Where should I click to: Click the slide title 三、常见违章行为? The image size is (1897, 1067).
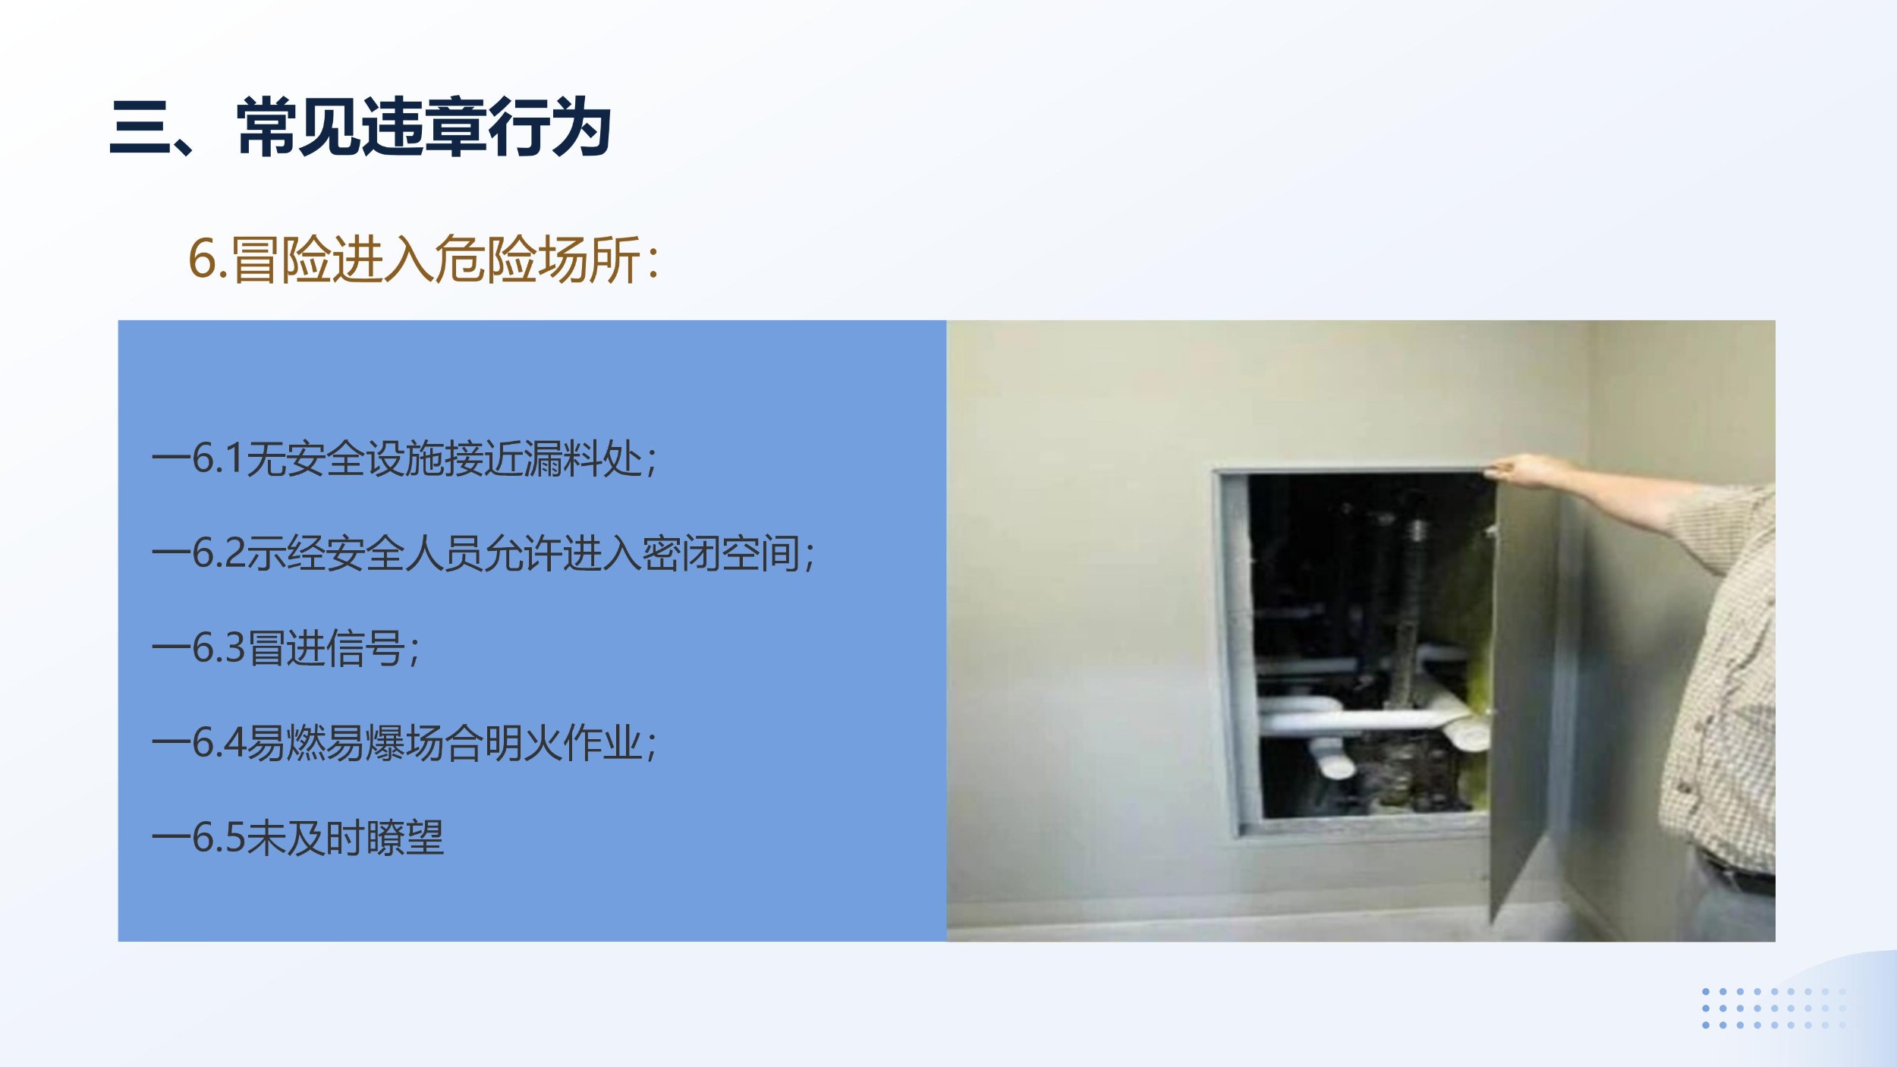tap(360, 127)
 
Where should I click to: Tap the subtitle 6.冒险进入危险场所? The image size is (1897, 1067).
tap(423, 260)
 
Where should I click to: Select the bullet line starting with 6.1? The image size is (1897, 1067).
tap(405, 458)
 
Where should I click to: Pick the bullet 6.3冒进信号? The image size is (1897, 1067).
tap(286, 647)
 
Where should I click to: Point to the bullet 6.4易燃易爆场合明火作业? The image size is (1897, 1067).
tap(405, 742)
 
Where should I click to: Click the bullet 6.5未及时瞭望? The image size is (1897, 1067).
tap(298, 837)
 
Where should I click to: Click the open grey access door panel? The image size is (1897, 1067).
tap(1521, 683)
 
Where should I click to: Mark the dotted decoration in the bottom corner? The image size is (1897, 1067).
tap(1773, 1008)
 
